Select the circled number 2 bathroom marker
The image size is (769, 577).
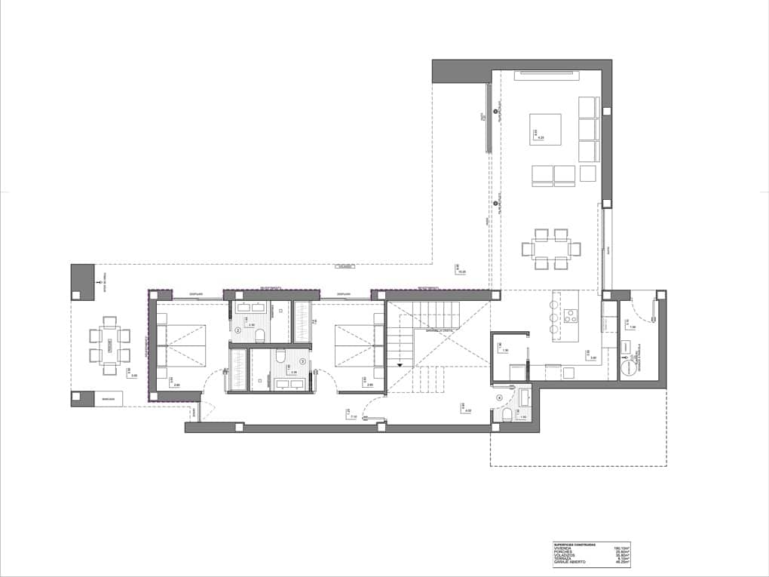[x=238, y=330]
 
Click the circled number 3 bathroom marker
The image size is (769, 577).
[x=303, y=361]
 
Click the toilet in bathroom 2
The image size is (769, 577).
[x=259, y=335]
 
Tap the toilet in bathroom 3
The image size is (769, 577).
[x=280, y=355]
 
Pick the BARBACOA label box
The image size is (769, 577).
[x=108, y=399]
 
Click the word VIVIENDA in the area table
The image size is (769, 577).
[x=565, y=548]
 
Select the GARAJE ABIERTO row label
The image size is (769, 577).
[x=570, y=562]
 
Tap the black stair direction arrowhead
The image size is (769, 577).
[x=401, y=364]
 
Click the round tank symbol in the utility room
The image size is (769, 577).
[x=627, y=367]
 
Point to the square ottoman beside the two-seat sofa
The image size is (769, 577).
[x=588, y=174]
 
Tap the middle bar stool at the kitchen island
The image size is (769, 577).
[x=554, y=318]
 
